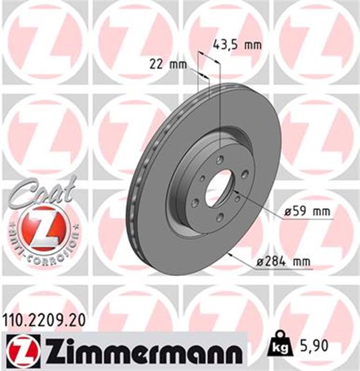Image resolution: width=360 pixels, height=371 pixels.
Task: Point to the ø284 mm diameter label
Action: (x=283, y=262)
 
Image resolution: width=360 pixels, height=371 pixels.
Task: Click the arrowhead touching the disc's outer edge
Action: (x=231, y=253)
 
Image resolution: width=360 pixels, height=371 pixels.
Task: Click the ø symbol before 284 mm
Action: (x=260, y=262)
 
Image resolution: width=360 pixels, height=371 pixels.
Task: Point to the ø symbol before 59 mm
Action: (x=287, y=212)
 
